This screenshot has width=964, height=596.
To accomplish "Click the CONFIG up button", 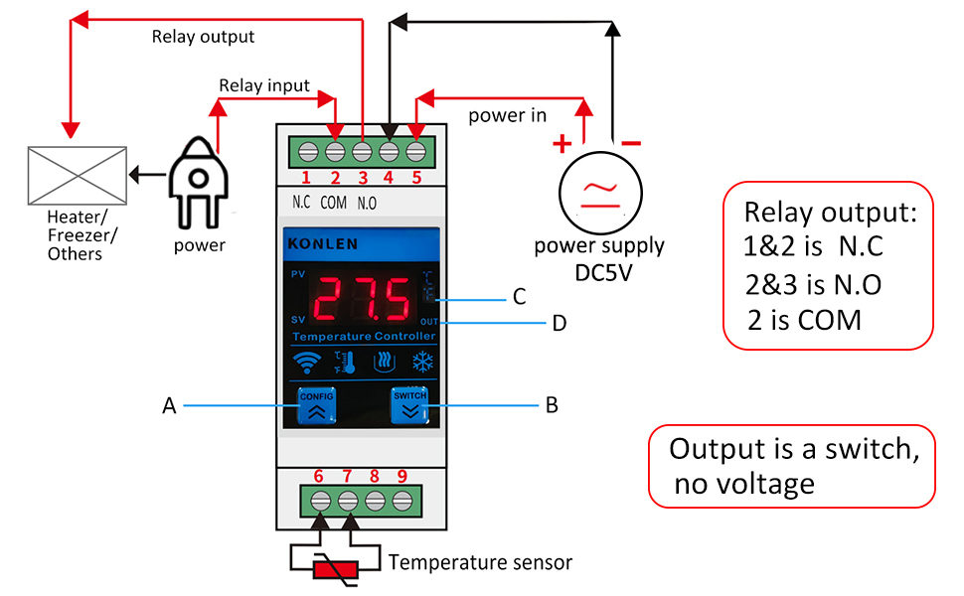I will click(316, 406).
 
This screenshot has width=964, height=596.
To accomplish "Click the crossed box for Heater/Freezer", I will click(78, 176).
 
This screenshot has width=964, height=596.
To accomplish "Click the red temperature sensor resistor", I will click(335, 569).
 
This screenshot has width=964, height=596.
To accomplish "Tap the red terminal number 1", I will click(306, 179).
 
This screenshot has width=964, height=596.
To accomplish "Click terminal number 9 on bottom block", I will click(402, 477).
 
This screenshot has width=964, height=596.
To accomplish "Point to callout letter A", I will click(169, 405).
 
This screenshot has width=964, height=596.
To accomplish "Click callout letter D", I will click(560, 322).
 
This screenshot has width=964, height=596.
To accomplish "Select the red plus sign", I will click(562, 145).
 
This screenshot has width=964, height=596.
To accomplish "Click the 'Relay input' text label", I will click(264, 85).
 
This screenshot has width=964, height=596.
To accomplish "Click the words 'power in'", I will click(508, 115).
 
